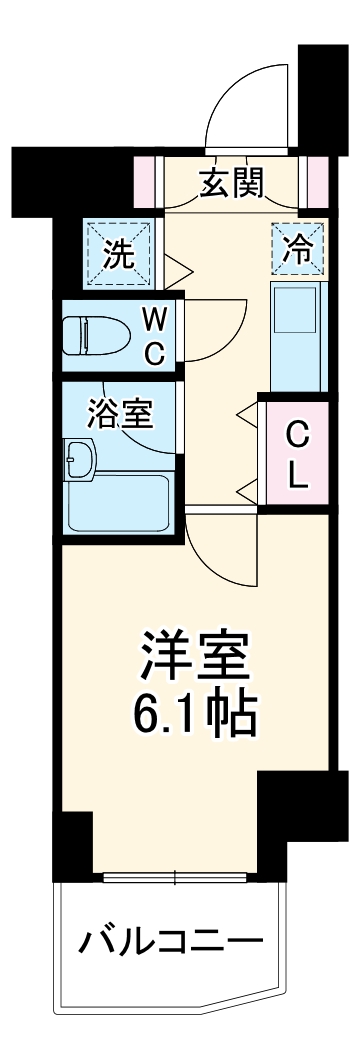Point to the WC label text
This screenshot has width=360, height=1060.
pos(155,336)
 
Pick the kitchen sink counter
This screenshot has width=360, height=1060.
pos(297,335)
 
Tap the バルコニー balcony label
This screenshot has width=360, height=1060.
pos(172,943)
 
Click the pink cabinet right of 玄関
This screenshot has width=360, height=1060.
pos(318,179)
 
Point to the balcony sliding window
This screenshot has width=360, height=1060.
pos(176,878)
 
